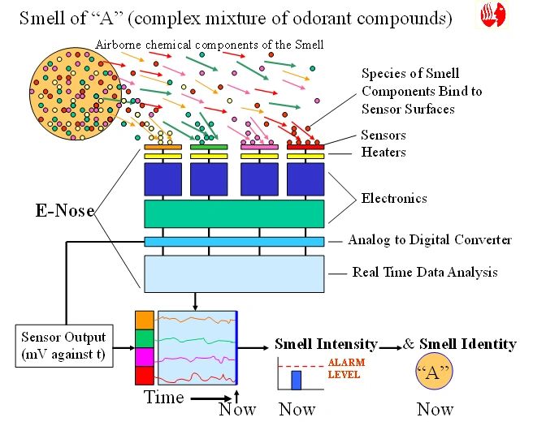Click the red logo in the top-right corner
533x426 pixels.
[x=493, y=15]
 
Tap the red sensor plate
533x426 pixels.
[x=305, y=147]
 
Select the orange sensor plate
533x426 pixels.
[x=162, y=147]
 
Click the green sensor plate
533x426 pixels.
[x=209, y=147]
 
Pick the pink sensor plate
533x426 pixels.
[x=259, y=147]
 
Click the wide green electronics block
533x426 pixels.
[x=234, y=214]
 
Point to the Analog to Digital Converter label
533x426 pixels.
[x=430, y=240]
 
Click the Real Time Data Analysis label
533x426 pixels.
[x=425, y=272]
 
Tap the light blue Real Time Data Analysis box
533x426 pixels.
[x=234, y=274]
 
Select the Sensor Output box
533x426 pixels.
[x=64, y=346]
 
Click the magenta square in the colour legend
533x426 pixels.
[x=145, y=357]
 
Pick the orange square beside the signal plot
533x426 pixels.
[x=145, y=320]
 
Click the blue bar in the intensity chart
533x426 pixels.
[x=296, y=381]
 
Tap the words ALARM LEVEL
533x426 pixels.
[x=346, y=368]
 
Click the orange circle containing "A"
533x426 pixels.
[x=435, y=371]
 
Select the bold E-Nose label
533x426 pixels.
[x=65, y=210]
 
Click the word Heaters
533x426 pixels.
[x=383, y=152]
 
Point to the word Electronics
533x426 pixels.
[x=394, y=198]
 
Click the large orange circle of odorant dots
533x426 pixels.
[x=76, y=93]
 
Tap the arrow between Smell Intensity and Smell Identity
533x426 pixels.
[x=390, y=347]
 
